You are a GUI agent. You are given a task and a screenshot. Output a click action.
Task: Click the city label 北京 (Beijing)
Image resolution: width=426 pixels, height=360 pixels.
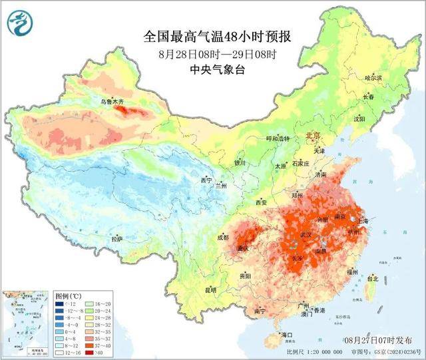[312, 136]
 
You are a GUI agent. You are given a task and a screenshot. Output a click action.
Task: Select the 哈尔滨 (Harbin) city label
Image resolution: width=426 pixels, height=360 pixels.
[374, 78]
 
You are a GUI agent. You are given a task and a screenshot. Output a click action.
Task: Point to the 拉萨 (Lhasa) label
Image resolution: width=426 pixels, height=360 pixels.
[117, 238]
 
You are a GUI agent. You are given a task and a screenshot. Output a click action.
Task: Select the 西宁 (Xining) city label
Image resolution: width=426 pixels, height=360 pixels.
[206, 180]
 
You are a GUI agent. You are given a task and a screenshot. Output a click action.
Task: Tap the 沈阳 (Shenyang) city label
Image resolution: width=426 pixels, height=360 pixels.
[359, 119]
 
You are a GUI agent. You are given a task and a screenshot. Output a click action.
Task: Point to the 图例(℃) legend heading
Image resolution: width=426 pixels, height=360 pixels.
[68, 295]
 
